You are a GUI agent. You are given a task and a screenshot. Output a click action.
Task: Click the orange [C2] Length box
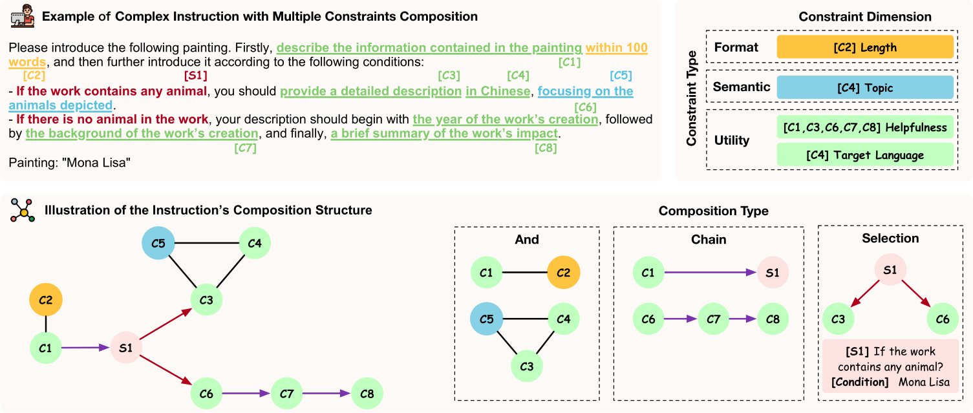[865, 47]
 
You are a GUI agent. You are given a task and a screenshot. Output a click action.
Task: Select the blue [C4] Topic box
[865, 87]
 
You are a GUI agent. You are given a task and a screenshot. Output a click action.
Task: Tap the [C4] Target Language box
[865, 154]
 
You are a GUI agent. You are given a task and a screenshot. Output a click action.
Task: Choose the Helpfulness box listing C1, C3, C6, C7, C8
[865, 127]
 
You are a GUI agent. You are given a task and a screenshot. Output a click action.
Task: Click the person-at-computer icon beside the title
[23, 17]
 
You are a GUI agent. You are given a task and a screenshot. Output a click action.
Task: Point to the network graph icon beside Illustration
[23, 210]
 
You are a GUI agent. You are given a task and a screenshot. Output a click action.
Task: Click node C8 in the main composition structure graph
[367, 394]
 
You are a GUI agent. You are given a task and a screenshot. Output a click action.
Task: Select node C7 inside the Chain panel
[713, 319]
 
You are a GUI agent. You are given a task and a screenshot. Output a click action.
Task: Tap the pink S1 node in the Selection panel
[890, 270]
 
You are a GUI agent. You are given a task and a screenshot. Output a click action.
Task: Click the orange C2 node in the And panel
[563, 273]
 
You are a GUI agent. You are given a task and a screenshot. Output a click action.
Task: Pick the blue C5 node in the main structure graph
[158, 243]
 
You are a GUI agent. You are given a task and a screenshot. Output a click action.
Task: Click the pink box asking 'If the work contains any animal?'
[890, 366]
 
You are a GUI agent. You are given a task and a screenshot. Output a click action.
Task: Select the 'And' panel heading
[527, 239]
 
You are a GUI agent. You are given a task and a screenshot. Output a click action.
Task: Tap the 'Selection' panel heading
[890, 238]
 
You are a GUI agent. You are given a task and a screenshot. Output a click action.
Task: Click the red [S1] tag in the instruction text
[195, 76]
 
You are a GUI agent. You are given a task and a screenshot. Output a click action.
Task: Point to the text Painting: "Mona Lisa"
[70, 163]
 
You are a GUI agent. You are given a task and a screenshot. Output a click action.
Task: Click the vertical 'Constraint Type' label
[691, 98]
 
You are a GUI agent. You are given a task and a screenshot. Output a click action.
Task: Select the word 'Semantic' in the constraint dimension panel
[742, 87]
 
